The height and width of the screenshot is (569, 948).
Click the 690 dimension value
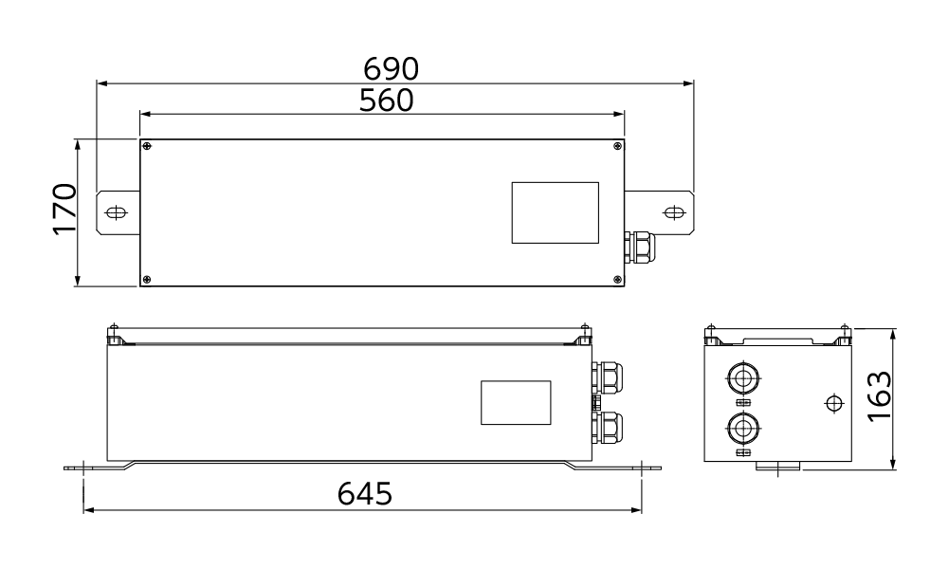[391, 69]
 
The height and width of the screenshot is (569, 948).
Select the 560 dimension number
[387, 101]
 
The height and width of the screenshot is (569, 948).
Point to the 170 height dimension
[64, 209]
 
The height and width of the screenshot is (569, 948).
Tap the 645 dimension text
[365, 493]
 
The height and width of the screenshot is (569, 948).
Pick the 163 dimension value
[879, 396]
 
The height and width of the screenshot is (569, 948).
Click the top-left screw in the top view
[147, 146]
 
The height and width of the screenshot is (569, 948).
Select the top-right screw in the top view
[617, 146]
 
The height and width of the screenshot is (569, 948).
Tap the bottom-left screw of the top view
[147, 280]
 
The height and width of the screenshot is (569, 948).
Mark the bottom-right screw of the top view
[617, 280]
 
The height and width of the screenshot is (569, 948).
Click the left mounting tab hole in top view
[116, 212]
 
